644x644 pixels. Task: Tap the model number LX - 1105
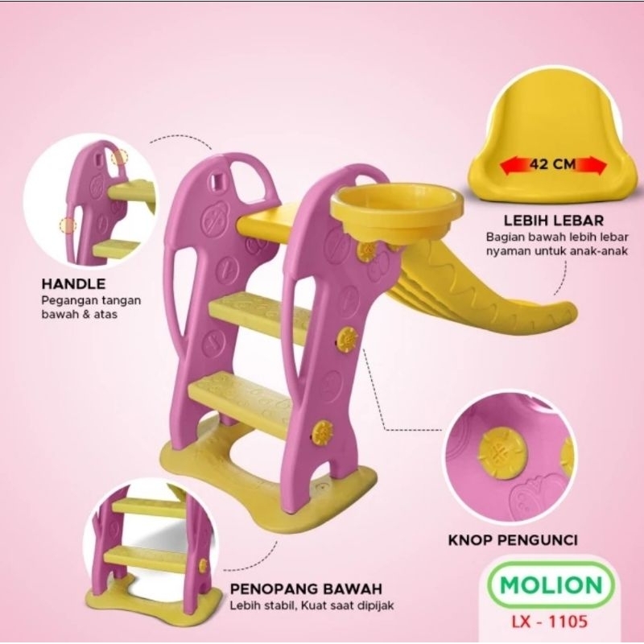549,621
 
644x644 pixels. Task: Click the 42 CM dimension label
552,164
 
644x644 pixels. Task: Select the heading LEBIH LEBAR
554,221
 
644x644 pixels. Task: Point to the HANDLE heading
73,284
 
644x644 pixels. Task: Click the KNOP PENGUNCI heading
513,540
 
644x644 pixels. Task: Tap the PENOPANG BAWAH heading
306,588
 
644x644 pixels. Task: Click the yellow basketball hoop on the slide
397,213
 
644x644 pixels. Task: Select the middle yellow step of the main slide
258,316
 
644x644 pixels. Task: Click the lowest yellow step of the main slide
240,401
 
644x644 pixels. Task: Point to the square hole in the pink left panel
216,179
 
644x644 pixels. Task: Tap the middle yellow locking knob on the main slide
348,339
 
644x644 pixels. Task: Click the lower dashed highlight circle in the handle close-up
68,225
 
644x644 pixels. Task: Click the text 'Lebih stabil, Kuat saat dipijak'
312,605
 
